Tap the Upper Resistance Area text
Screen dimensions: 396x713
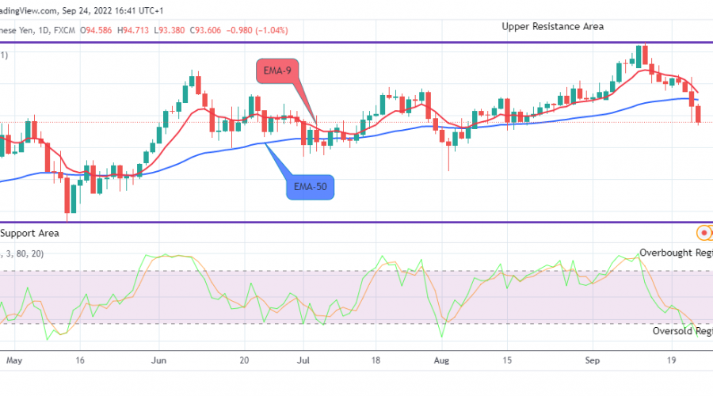pos(552,26)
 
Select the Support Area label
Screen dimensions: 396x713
pos(30,233)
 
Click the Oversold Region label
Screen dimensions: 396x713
pos(682,331)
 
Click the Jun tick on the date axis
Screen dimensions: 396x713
pos(158,359)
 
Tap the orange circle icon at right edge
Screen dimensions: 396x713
pos(702,233)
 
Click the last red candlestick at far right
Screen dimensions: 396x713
pos(698,114)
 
